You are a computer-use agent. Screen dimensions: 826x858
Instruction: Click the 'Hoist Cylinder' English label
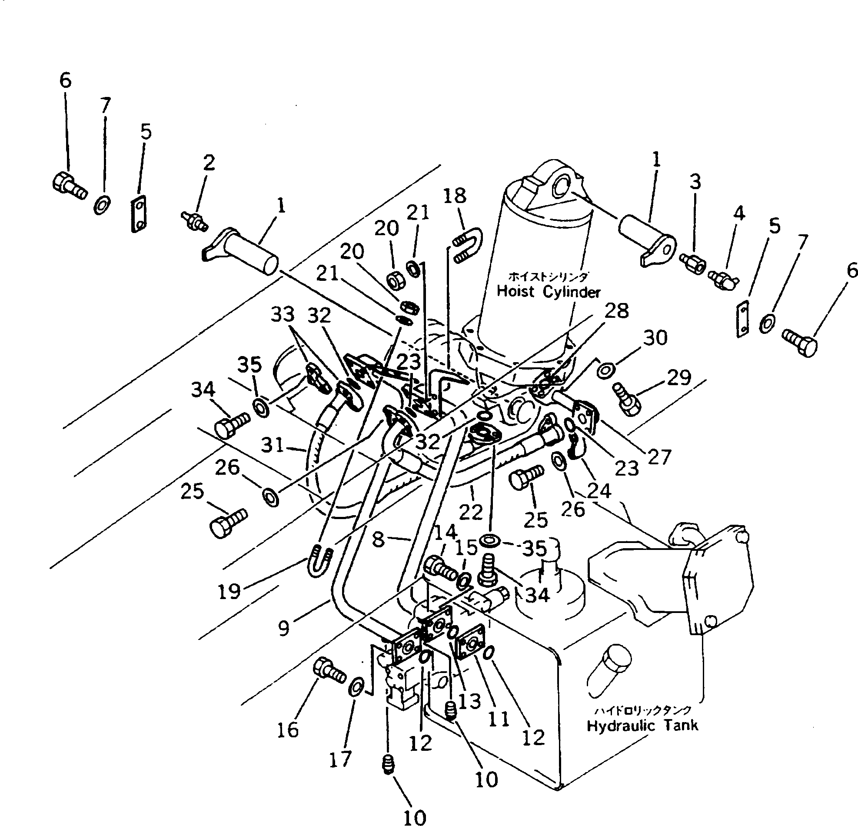pyautogui.click(x=549, y=292)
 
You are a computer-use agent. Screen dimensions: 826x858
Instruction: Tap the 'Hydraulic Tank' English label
pyautogui.click(x=642, y=726)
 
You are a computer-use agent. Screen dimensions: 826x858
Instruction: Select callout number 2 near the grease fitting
pyautogui.click(x=209, y=163)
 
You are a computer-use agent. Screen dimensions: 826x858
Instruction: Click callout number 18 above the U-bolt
pyautogui.click(x=454, y=196)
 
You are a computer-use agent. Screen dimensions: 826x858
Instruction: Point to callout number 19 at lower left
pyautogui.click(x=229, y=592)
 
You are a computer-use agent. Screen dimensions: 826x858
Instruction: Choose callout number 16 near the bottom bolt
pyautogui.click(x=288, y=729)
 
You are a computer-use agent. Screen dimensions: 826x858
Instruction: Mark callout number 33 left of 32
pyautogui.click(x=283, y=314)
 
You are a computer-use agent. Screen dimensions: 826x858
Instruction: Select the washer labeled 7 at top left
pyautogui.click(x=103, y=204)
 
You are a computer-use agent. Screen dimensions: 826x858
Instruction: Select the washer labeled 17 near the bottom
pyautogui.click(x=355, y=686)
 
